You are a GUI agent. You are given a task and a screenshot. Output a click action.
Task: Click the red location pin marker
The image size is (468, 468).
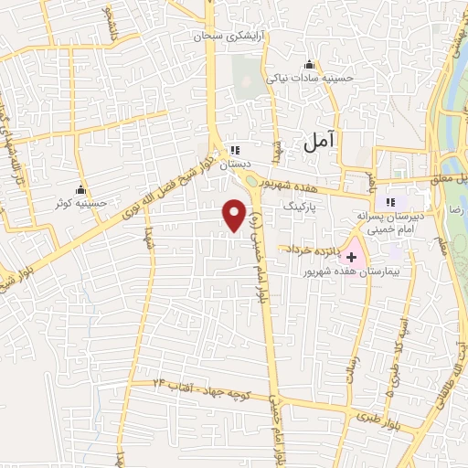point(235,214)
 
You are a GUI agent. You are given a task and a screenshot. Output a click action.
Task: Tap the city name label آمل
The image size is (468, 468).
point(321,140)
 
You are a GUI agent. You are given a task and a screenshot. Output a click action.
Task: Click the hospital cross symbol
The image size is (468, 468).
point(351,259)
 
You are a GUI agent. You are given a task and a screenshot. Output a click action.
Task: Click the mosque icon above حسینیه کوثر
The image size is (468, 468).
point(83,189)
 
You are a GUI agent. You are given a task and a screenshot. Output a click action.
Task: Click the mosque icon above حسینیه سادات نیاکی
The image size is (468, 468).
point(309,64)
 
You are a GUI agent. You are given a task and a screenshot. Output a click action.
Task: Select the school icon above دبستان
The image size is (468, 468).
point(235,150)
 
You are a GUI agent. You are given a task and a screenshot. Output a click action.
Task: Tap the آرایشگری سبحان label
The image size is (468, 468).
point(220,37)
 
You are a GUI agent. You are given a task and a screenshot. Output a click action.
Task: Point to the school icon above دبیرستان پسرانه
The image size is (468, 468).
point(392,202)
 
